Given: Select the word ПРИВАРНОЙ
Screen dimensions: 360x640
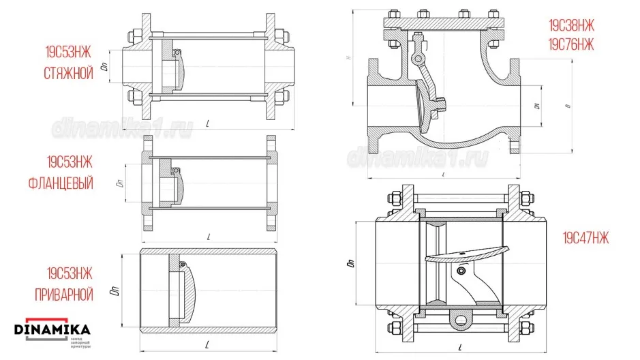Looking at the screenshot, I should click(62, 295).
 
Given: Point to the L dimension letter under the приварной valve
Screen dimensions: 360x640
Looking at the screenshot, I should click(206, 342).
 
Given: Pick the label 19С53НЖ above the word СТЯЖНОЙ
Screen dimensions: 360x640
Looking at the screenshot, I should click(68, 51).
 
